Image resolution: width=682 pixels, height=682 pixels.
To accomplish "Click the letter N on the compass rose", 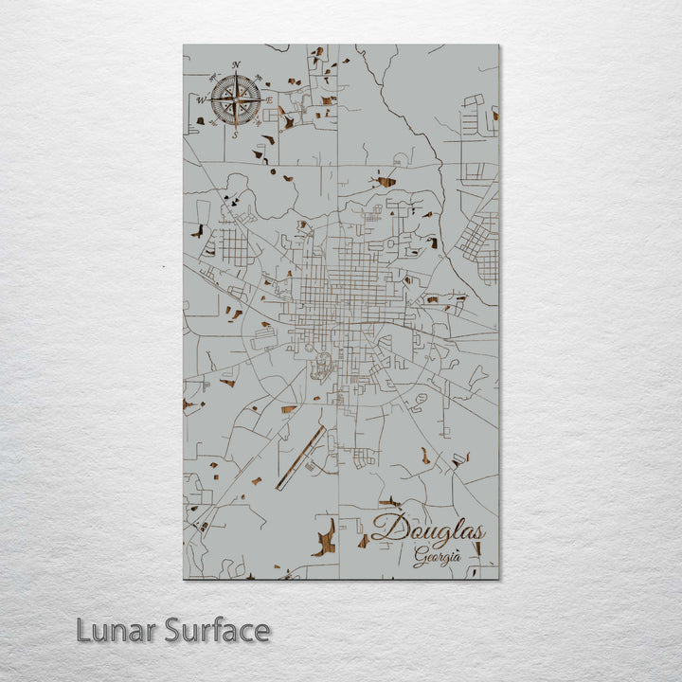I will (x=236, y=64).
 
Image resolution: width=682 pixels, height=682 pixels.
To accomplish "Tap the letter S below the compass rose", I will (x=236, y=135).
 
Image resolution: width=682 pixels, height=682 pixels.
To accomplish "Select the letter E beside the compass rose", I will (x=270, y=99).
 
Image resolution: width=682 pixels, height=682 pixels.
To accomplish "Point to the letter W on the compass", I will (x=201, y=99).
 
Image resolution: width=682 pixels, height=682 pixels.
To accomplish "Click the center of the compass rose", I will (x=236, y=99).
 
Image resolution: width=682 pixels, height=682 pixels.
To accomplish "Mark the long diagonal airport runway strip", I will (x=300, y=458).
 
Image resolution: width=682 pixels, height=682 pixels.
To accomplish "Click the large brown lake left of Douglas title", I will (x=325, y=537).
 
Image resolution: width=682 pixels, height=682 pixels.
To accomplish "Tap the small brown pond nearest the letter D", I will (x=363, y=541).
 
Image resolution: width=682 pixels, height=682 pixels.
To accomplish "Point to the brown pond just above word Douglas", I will (x=389, y=503).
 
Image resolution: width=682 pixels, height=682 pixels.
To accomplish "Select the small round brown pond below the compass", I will (x=273, y=172).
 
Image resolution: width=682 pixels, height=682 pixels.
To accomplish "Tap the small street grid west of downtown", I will (x=233, y=248).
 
